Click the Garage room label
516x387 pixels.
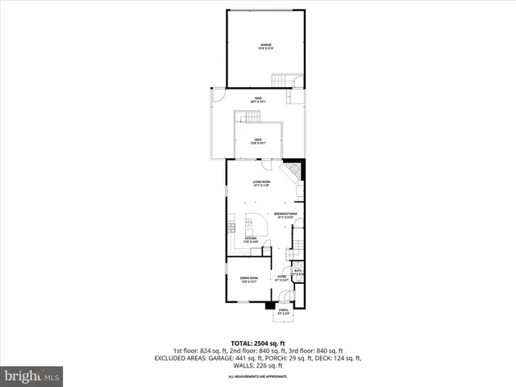pos(265,46)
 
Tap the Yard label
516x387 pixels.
pos(258,100)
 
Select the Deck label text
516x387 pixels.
pos(258,141)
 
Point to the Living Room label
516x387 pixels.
pos(260,184)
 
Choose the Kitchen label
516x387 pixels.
pos(251,239)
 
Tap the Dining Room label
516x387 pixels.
pos(248,280)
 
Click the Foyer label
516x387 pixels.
pos(282,278)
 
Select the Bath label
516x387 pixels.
pos(297,273)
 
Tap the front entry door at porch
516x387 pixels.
pos(281,300)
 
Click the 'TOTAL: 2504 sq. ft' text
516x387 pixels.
pos(258,343)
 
